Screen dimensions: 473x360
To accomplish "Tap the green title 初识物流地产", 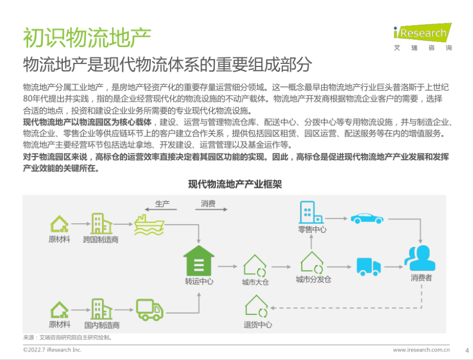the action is point(87,38).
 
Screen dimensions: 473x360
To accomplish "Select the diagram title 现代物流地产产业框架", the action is point(235,184).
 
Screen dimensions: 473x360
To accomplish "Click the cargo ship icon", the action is point(149,225).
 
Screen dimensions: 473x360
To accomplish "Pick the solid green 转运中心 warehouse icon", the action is point(199,260).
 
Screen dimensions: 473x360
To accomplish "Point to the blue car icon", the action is point(367,218).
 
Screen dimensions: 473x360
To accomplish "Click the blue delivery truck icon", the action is point(369,267).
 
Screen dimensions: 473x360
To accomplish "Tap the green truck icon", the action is point(150,310).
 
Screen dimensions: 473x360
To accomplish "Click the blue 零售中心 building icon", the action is point(311,212).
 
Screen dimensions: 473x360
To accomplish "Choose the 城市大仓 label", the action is point(255,282).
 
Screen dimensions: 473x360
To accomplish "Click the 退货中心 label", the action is point(258,325).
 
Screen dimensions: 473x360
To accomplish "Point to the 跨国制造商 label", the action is point(101,240).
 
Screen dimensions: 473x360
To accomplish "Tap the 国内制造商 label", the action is point(102,325).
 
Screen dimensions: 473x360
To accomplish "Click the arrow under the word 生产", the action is point(161,210).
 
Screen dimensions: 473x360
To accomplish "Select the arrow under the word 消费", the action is point(211,209).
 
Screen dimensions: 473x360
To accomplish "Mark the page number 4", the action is point(467,350).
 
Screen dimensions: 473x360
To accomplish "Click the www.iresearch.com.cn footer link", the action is point(421,350).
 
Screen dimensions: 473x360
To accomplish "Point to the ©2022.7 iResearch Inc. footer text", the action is point(52,350).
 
